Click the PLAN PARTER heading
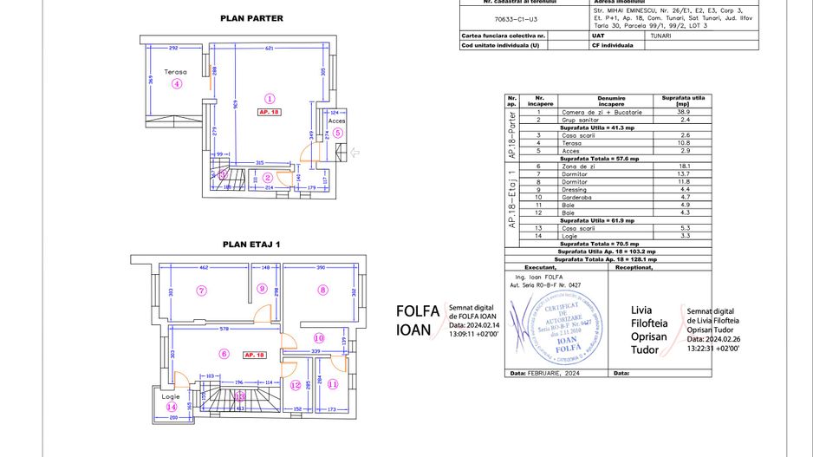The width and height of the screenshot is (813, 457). point(250,17)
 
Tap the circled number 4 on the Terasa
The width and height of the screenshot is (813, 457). point(177,84)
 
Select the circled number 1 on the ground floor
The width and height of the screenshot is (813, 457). point(270,99)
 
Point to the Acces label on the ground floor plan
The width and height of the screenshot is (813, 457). point(337,121)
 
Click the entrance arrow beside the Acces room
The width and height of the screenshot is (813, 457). point(355,153)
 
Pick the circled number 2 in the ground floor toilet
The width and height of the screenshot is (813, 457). point(269,178)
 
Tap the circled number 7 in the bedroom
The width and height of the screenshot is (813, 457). point(201,291)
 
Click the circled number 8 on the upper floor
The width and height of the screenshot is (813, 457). point(322,291)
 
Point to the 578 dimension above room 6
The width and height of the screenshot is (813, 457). point(224,329)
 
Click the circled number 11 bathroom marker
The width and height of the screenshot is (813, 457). point(334,383)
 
